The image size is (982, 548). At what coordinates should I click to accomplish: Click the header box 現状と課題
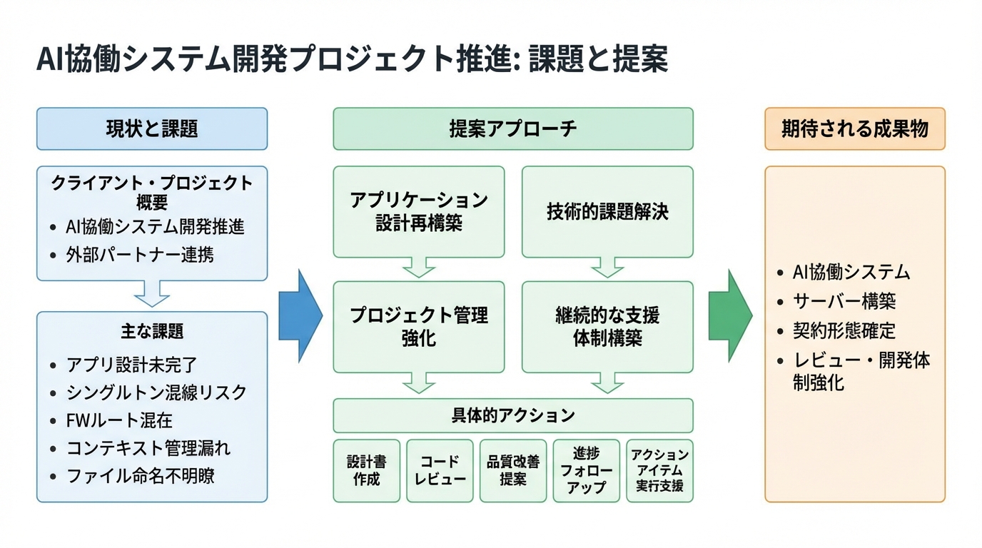coord(152,129)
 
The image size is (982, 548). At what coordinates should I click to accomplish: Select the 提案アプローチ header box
coord(512,129)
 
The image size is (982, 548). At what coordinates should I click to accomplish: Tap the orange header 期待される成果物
coord(854,129)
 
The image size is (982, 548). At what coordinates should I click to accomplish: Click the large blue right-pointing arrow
coord(300,315)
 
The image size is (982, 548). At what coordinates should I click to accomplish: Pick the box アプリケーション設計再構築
coord(419,211)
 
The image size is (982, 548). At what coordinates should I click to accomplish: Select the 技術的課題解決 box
coord(607,211)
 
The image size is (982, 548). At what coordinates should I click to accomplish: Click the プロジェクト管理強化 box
coord(419,326)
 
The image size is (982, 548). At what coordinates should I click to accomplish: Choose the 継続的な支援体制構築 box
coord(607,326)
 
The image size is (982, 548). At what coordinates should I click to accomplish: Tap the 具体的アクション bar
coord(512,415)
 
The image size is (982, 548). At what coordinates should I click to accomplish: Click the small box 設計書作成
coord(366,471)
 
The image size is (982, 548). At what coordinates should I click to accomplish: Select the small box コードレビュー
coord(440,471)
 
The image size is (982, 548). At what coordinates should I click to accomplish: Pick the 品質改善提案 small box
coord(513,471)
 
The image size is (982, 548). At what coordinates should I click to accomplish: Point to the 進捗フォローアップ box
coord(587,471)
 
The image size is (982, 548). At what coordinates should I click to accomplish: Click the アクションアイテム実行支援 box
coord(660,471)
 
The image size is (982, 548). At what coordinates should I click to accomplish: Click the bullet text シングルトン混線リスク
coord(156,393)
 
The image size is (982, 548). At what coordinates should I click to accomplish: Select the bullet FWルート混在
coord(119,421)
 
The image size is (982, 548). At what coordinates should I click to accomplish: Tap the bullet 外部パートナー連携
coord(140,255)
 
